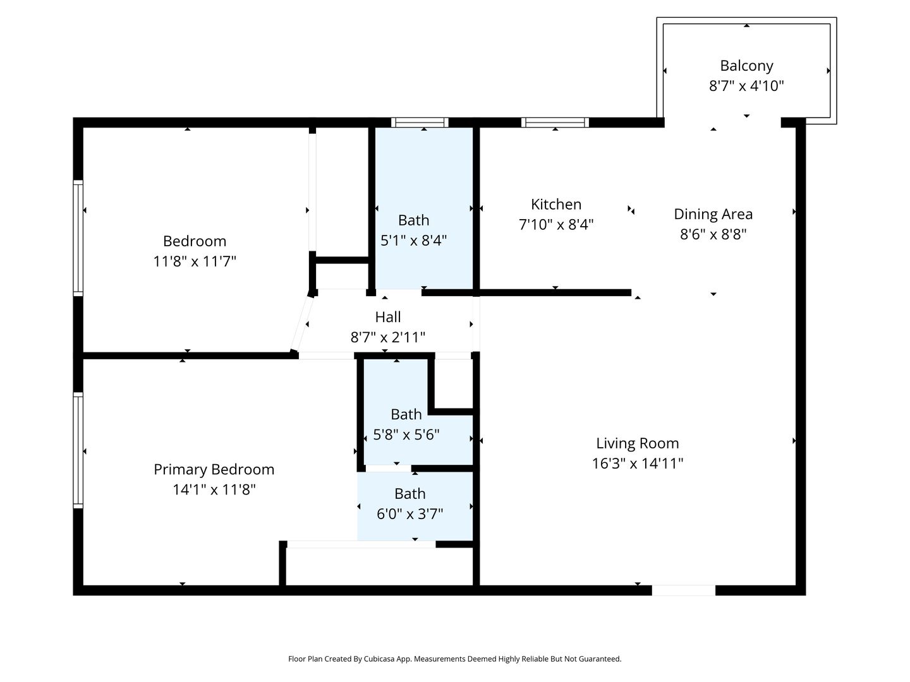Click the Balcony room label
pyautogui.click(x=746, y=66)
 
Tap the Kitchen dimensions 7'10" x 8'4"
pyautogui.click(x=556, y=224)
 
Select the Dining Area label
pyautogui.click(x=713, y=214)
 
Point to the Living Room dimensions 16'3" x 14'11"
pyautogui.click(x=638, y=463)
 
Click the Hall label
pyautogui.click(x=387, y=317)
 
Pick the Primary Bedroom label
pyautogui.click(x=214, y=469)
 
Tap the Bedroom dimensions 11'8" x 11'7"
pyautogui.click(x=195, y=261)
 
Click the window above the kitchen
pyautogui.click(x=555, y=122)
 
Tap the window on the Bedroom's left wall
pyautogui.click(x=78, y=238)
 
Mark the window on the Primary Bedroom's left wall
pyautogui.click(x=78, y=450)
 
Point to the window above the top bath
pyautogui.click(x=420, y=122)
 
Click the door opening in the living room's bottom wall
pyautogui.click(x=684, y=590)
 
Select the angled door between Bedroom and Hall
pyautogui.click(x=302, y=324)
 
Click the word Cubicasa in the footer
pyautogui.click(x=379, y=659)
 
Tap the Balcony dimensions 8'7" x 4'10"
pyautogui.click(x=746, y=86)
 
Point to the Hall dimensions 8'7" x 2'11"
pyautogui.click(x=387, y=337)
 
